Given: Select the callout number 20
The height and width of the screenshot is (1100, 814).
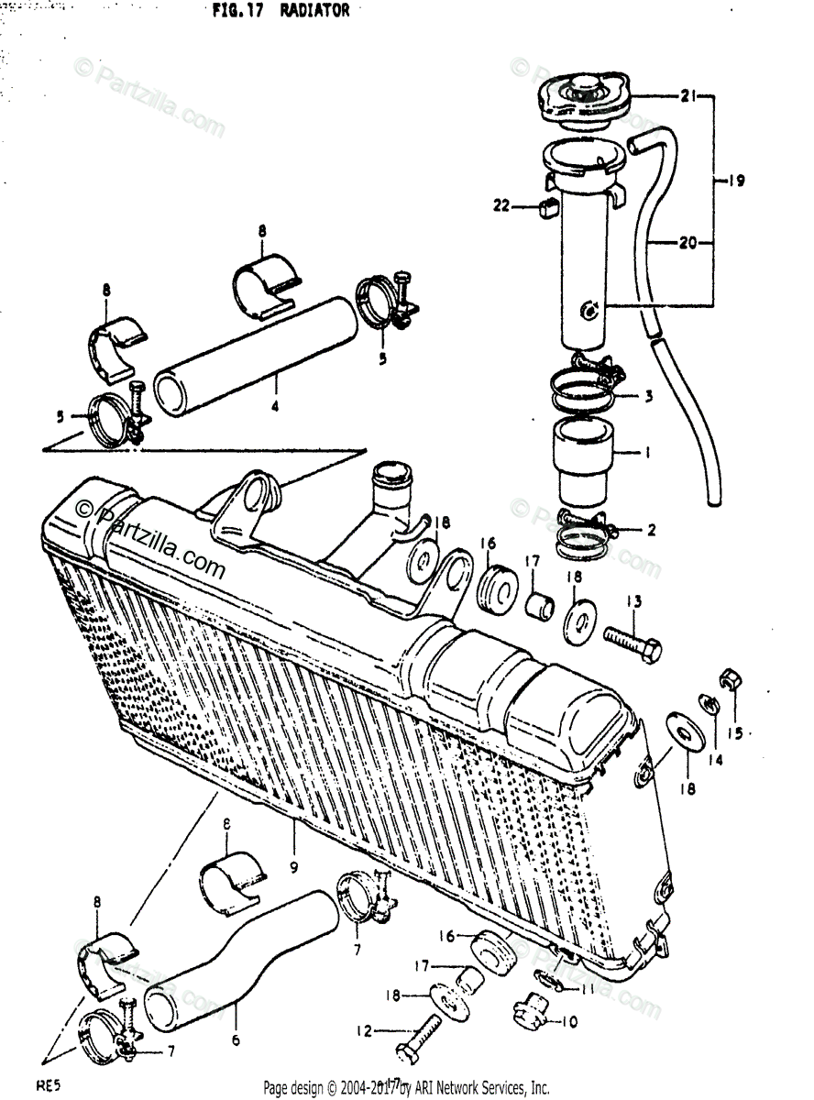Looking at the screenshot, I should tap(687, 243).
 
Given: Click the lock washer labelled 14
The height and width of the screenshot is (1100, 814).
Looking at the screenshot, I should tap(709, 705).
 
